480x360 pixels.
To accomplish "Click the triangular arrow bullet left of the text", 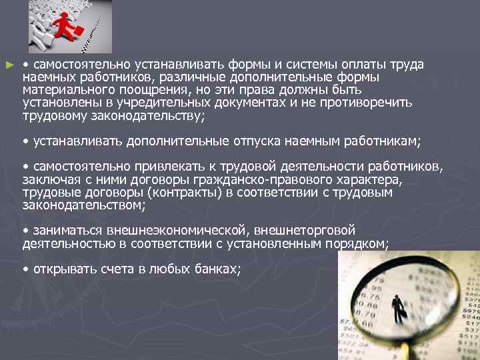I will click(8, 65).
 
